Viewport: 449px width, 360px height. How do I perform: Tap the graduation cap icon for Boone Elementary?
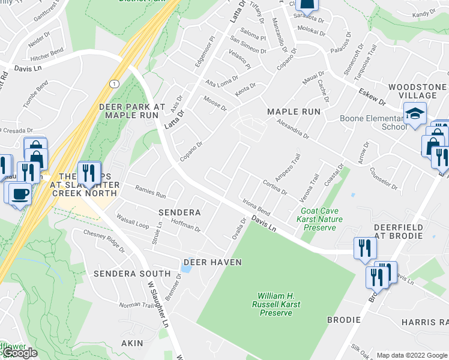coord(415,113)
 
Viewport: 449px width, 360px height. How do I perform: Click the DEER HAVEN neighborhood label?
coord(212,262)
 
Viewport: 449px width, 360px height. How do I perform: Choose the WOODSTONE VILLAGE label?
coord(417,91)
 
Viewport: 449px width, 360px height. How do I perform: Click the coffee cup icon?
coord(20,193)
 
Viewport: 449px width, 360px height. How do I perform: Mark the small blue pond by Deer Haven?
coord(186,268)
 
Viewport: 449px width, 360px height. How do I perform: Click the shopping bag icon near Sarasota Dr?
coord(307,5)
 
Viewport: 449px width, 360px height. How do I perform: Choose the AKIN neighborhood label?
coord(132,343)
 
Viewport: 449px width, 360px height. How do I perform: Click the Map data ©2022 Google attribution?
coord(412,355)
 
